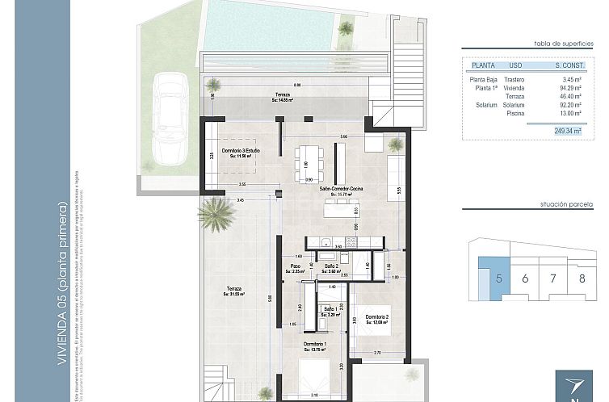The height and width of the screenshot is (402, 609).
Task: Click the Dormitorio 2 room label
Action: pos(376,319)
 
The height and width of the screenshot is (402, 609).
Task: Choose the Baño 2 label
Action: pos(330,268)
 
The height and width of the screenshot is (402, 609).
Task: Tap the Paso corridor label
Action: pos(296,268)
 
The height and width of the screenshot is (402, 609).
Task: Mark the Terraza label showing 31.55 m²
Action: pos(235,291)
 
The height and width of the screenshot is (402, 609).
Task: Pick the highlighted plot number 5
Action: pos(499,278)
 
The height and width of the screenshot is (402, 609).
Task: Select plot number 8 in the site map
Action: pos(582,278)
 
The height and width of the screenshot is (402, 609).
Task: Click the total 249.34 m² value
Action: pos(561,129)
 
